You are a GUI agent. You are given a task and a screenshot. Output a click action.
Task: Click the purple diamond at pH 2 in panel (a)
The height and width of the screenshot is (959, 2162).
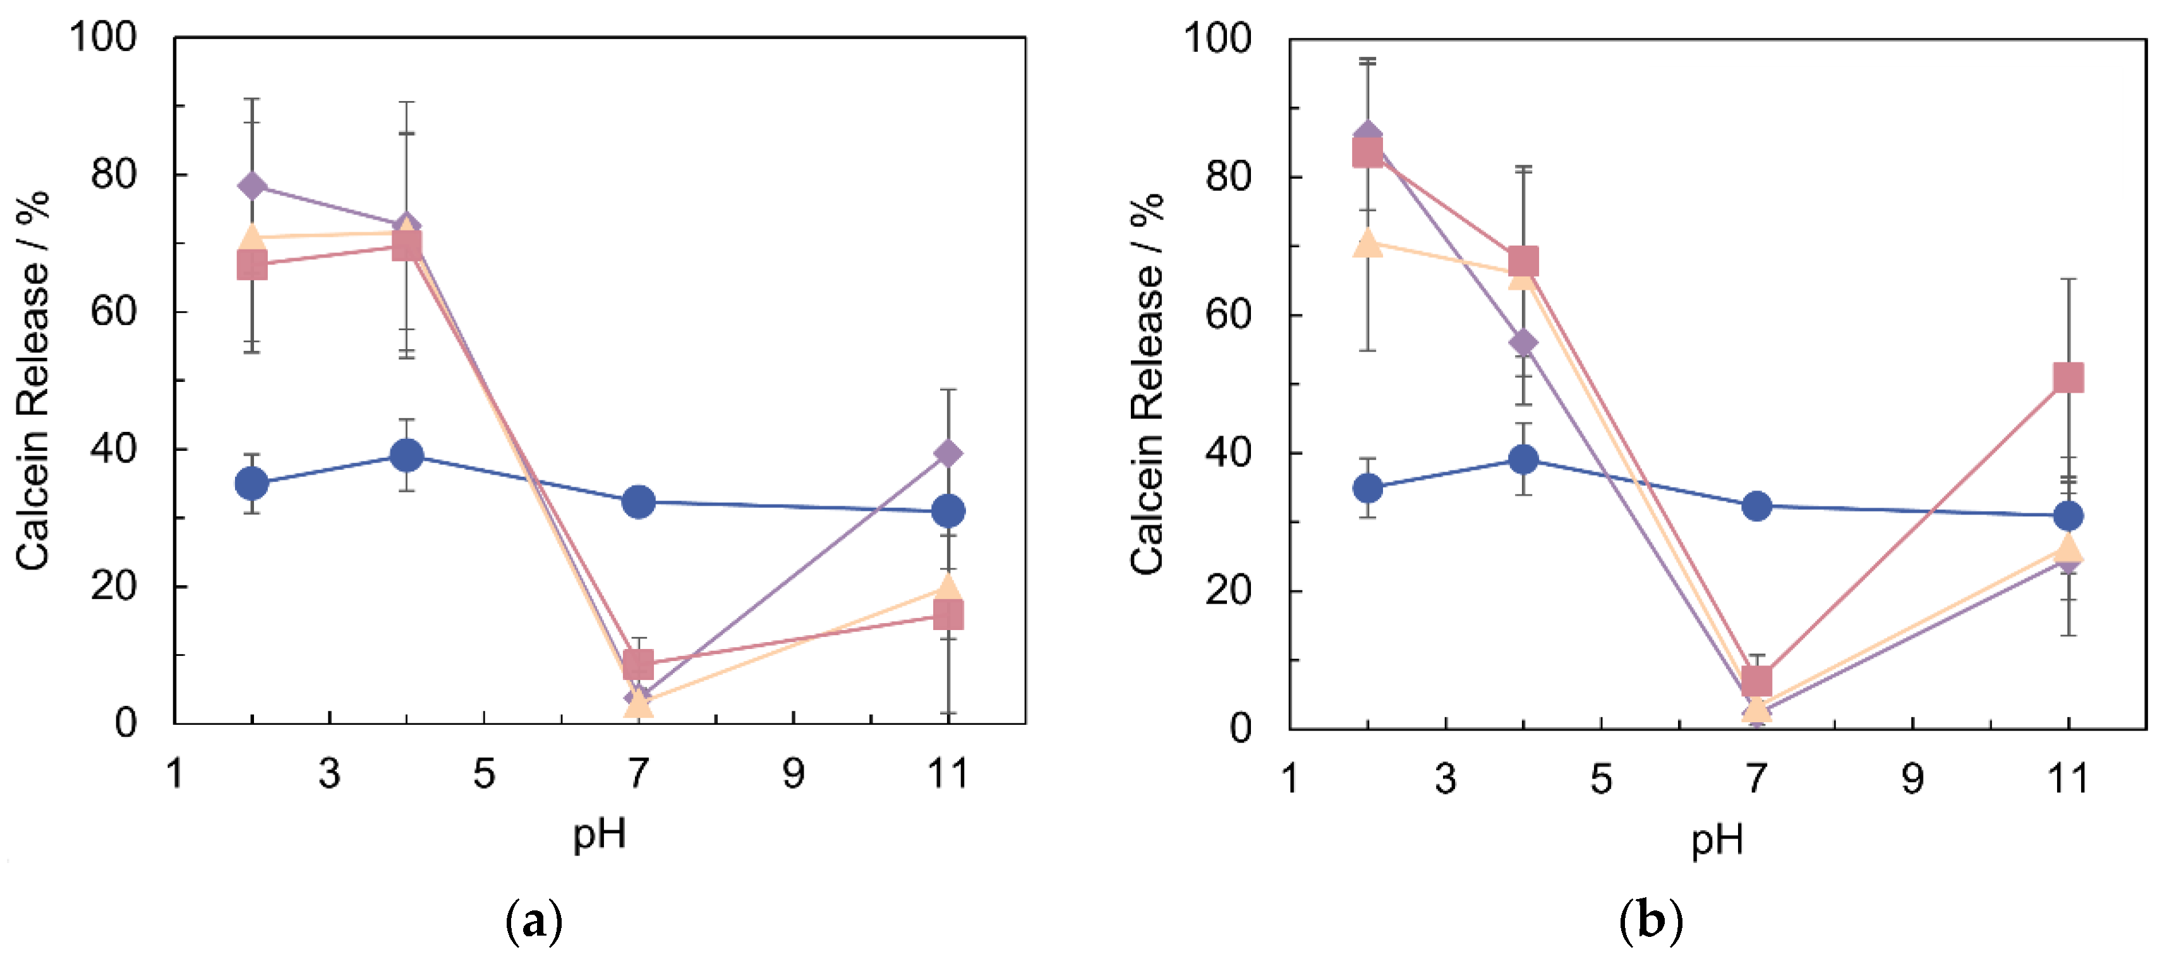tap(252, 186)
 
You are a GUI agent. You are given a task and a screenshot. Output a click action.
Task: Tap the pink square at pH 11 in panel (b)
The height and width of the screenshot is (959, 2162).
tap(2068, 378)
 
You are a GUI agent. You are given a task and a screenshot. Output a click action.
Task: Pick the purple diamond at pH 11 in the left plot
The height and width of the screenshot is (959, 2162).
tap(948, 454)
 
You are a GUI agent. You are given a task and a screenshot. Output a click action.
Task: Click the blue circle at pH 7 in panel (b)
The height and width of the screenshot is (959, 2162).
tap(1756, 506)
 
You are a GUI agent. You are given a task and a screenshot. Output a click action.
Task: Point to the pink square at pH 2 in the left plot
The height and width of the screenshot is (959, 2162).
tap(252, 266)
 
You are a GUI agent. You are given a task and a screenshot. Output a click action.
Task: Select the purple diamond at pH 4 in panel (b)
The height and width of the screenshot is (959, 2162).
tap(1523, 342)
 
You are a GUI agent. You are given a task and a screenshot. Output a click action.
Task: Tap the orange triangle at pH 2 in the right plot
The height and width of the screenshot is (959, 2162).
tap(1367, 243)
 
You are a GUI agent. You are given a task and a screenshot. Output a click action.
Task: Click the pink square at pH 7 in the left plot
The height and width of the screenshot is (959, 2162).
tap(639, 665)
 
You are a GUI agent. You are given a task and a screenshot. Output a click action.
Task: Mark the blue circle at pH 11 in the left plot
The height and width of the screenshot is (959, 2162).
tap(948, 510)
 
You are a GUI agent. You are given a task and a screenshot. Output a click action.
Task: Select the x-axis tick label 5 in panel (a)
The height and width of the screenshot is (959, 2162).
tap(484, 773)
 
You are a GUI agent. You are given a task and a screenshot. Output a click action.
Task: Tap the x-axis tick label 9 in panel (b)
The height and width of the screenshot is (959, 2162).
tap(1912, 778)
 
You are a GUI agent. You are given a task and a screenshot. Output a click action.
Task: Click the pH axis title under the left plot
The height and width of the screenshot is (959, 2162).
tap(599, 835)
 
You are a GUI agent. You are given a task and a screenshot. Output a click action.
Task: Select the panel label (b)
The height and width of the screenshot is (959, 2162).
tap(1650, 921)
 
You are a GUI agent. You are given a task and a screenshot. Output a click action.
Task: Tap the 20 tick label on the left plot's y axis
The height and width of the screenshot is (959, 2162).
tap(114, 586)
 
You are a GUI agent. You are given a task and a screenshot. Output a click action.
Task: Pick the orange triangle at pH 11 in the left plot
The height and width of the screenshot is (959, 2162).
tap(948, 587)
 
